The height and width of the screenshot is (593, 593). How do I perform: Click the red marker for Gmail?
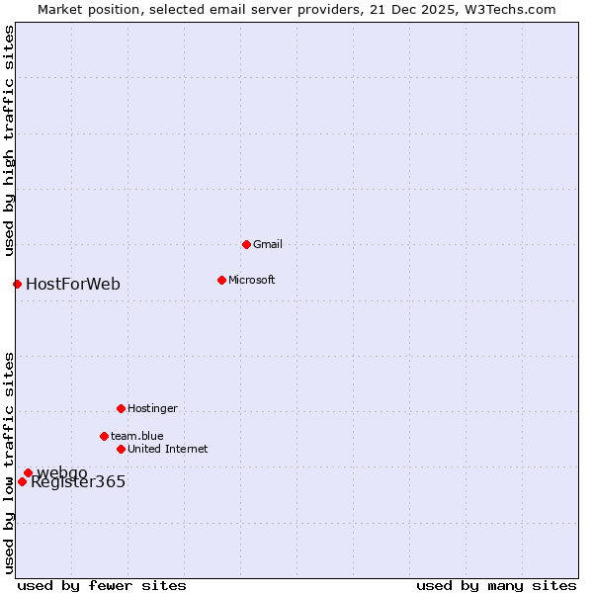click(246, 244)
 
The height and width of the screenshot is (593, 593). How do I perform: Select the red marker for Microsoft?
click(221, 280)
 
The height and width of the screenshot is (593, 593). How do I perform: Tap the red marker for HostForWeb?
click(17, 285)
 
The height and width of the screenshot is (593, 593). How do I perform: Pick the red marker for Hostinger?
click(121, 408)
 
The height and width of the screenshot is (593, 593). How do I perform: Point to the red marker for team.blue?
click(104, 436)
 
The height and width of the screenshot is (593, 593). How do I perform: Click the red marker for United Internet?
click(121, 449)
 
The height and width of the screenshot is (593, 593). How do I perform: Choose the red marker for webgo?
click(28, 472)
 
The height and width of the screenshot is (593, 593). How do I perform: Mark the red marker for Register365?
click(22, 481)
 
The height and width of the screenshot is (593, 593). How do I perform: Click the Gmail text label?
click(268, 244)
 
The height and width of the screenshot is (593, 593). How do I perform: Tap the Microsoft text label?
click(251, 280)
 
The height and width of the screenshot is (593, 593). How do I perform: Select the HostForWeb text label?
click(73, 285)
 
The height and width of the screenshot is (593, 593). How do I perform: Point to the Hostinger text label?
click(152, 408)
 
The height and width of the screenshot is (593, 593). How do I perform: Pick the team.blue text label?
click(136, 436)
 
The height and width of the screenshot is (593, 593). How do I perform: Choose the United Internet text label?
click(167, 449)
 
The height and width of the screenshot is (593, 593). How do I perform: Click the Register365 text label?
click(78, 482)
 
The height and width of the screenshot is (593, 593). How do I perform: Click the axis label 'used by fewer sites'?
click(102, 585)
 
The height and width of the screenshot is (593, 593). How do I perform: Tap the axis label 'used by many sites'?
click(496, 585)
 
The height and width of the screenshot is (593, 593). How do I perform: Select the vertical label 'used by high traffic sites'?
click(9, 140)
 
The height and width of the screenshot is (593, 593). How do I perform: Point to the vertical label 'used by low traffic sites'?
click(9, 462)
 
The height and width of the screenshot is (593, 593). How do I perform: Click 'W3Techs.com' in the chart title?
click(510, 9)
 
